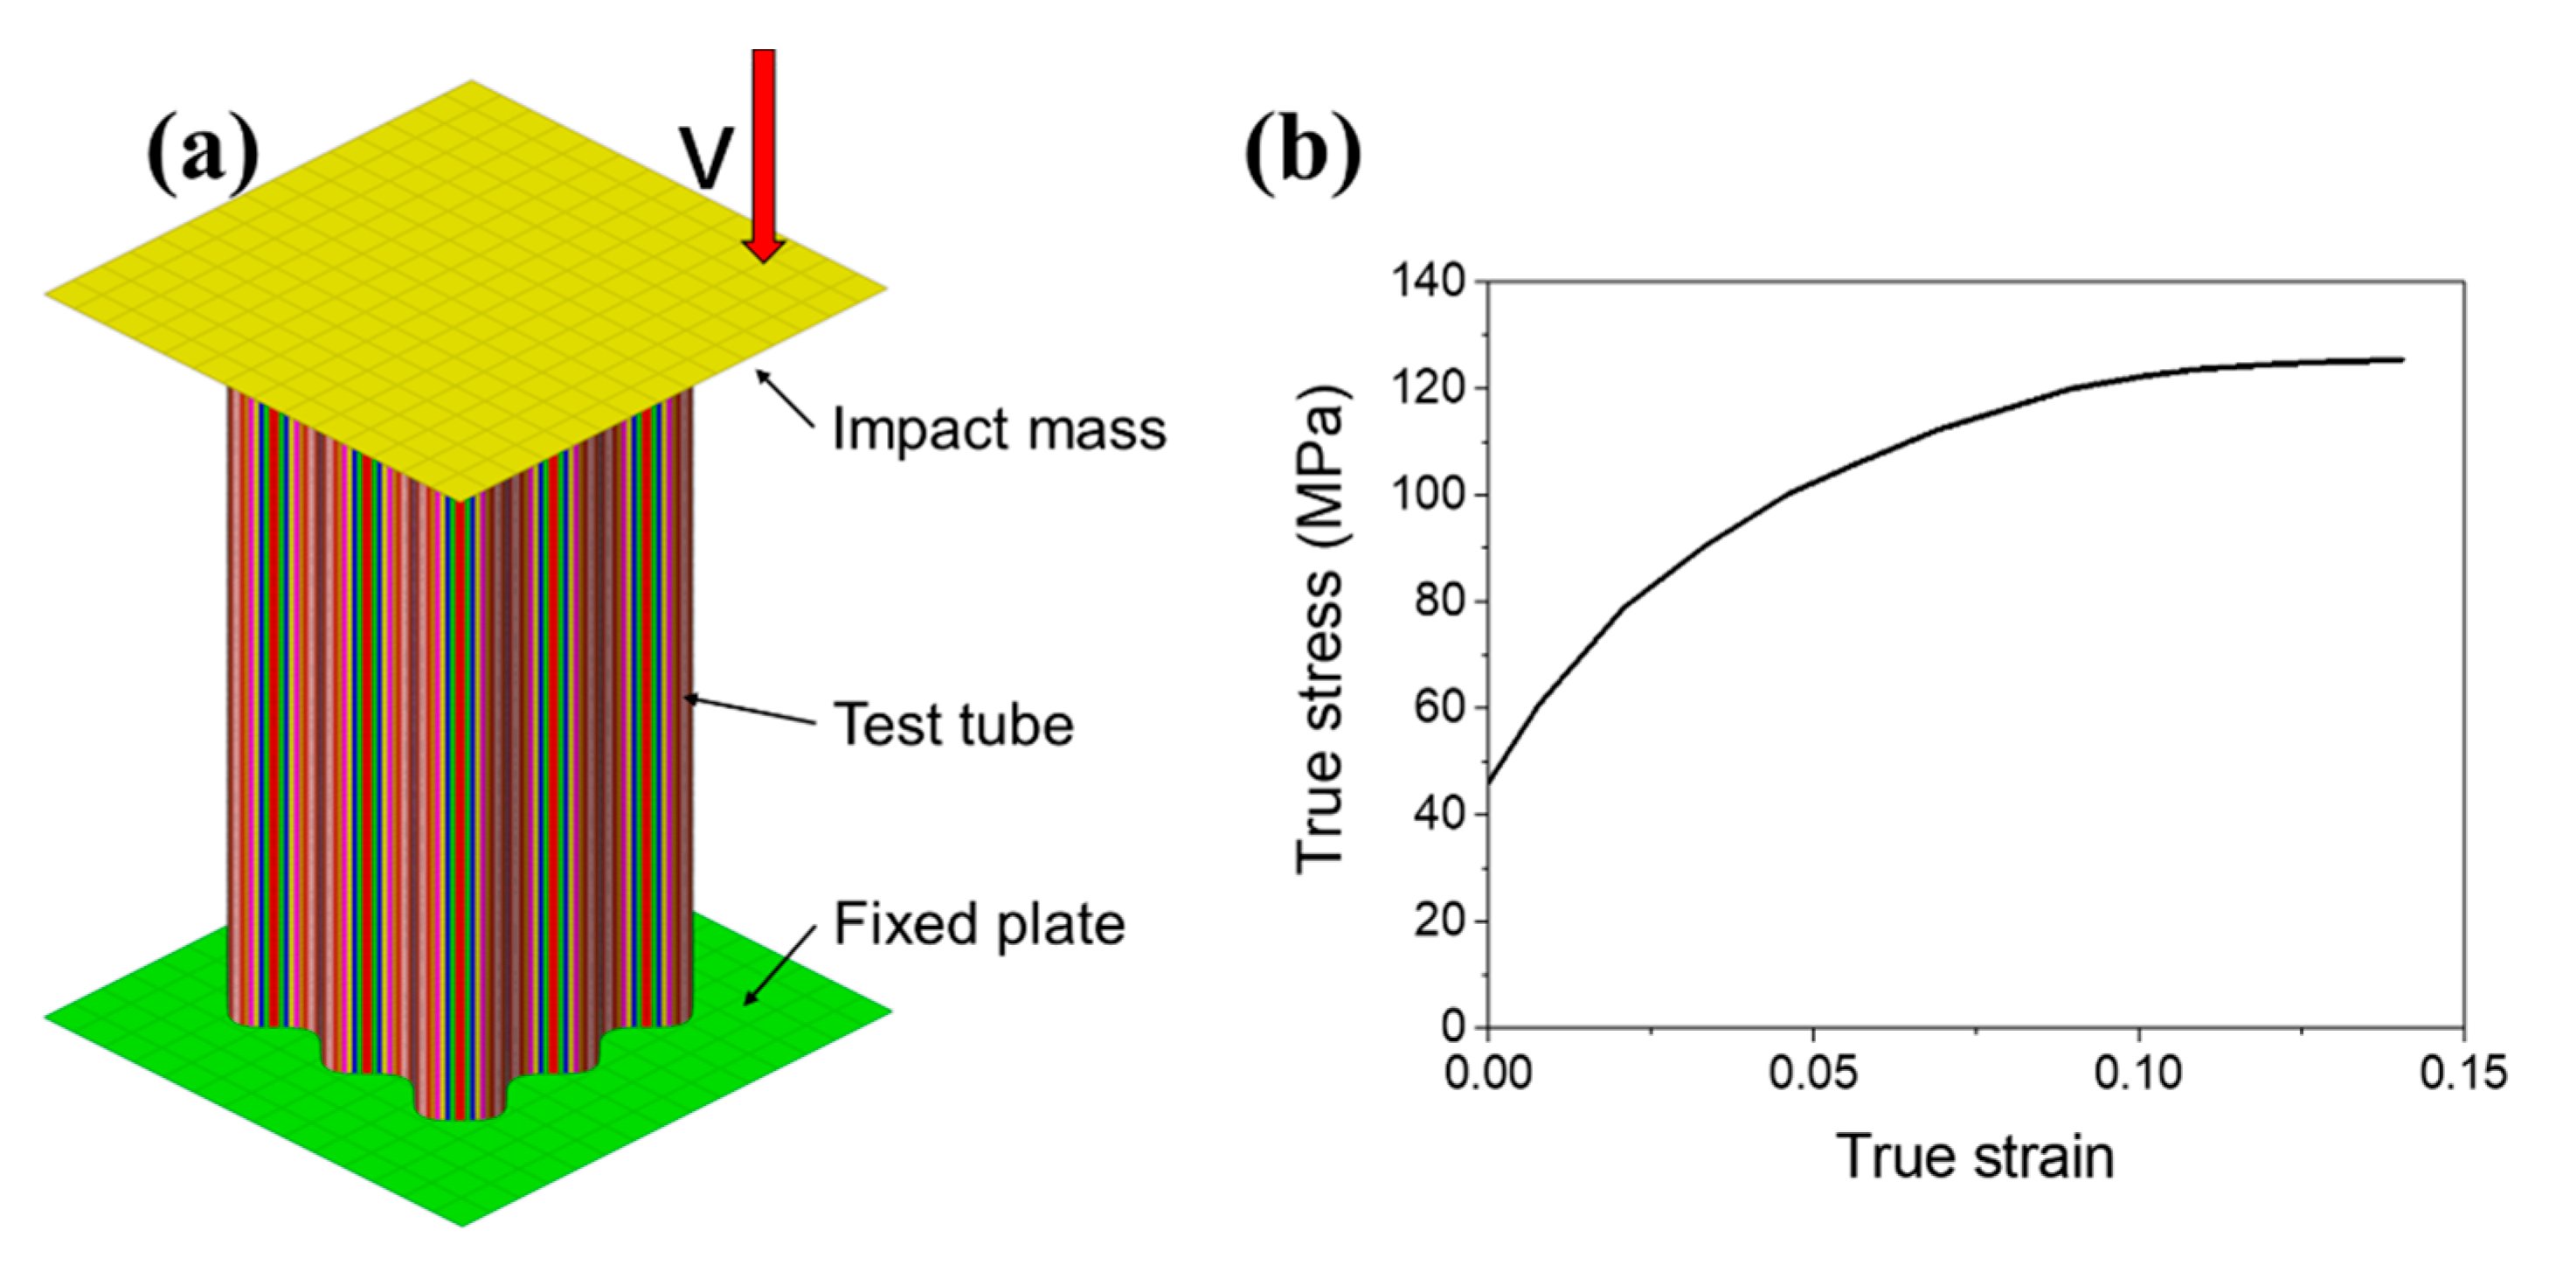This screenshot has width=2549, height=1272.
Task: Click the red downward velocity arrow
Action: click(x=764, y=149)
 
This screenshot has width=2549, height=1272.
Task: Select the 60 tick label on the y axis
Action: click(x=1441, y=709)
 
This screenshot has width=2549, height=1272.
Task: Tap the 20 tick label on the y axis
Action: click(x=1441, y=921)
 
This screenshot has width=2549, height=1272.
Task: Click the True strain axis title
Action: click(x=1975, y=1157)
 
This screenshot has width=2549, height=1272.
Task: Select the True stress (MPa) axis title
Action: click(x=1322, y=629)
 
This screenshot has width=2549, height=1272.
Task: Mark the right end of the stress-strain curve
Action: click(x=2401, y=360)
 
